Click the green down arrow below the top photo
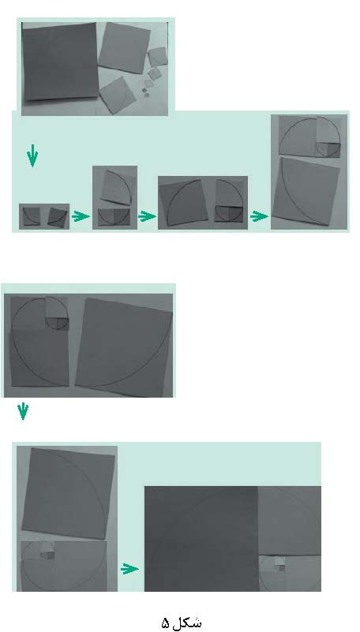pyautogui.click(x=32, y=155)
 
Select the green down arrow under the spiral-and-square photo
pyautogui.click(x=23, y=411)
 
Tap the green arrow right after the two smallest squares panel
pyautogui.click(x=81, y=216)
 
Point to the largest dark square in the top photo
pyautogui.click(x=61, y=61)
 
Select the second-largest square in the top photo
pyautogui.click(x=124, y=47)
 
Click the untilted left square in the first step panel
pyautogui.click(x=31, y=216)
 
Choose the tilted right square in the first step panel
pyautogui.click(x=58, y=217)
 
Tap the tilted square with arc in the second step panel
pyautogui.click(x=116, y=188)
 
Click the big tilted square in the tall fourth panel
pyautogui.click(x=306, y=191)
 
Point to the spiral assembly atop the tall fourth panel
pyautogui.click(x=309, y=136)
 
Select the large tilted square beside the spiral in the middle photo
pyautogui.click(x=124, y=346)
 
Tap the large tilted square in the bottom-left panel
pyautogui.click(x=69, y=493)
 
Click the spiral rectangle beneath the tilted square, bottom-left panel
pyautogui.click(x=64, y=566)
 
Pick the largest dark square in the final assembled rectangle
pyautogui.click(x=201, y=539)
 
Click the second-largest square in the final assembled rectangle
pyautogui.click(x=290, y=521)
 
